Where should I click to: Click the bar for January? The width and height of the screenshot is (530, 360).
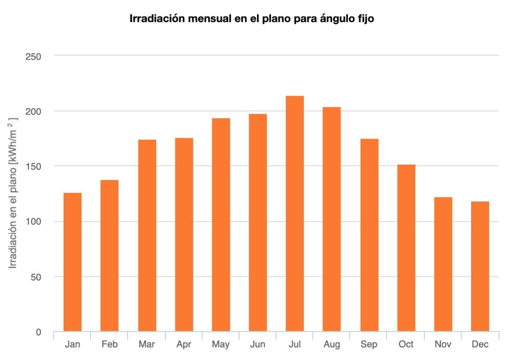73,262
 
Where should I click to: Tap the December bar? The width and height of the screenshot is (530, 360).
480,266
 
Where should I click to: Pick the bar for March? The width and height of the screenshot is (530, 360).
147,236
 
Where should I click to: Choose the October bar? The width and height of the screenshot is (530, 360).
406,248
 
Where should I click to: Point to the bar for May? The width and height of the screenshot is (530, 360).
221,225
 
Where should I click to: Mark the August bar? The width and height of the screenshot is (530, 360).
332,219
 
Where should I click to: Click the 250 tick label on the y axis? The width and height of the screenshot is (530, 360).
33,56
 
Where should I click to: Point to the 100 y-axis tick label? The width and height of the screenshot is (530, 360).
33,221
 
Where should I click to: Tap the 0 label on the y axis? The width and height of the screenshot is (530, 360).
38,332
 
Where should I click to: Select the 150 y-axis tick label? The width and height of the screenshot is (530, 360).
33,166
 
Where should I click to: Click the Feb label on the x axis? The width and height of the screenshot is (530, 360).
109,345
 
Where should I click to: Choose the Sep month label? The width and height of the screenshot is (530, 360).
369,345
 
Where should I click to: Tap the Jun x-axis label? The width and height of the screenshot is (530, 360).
257,345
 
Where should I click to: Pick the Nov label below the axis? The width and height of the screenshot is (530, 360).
443,345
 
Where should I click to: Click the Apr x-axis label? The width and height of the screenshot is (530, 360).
184,345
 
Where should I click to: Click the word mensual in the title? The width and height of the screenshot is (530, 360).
201,19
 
